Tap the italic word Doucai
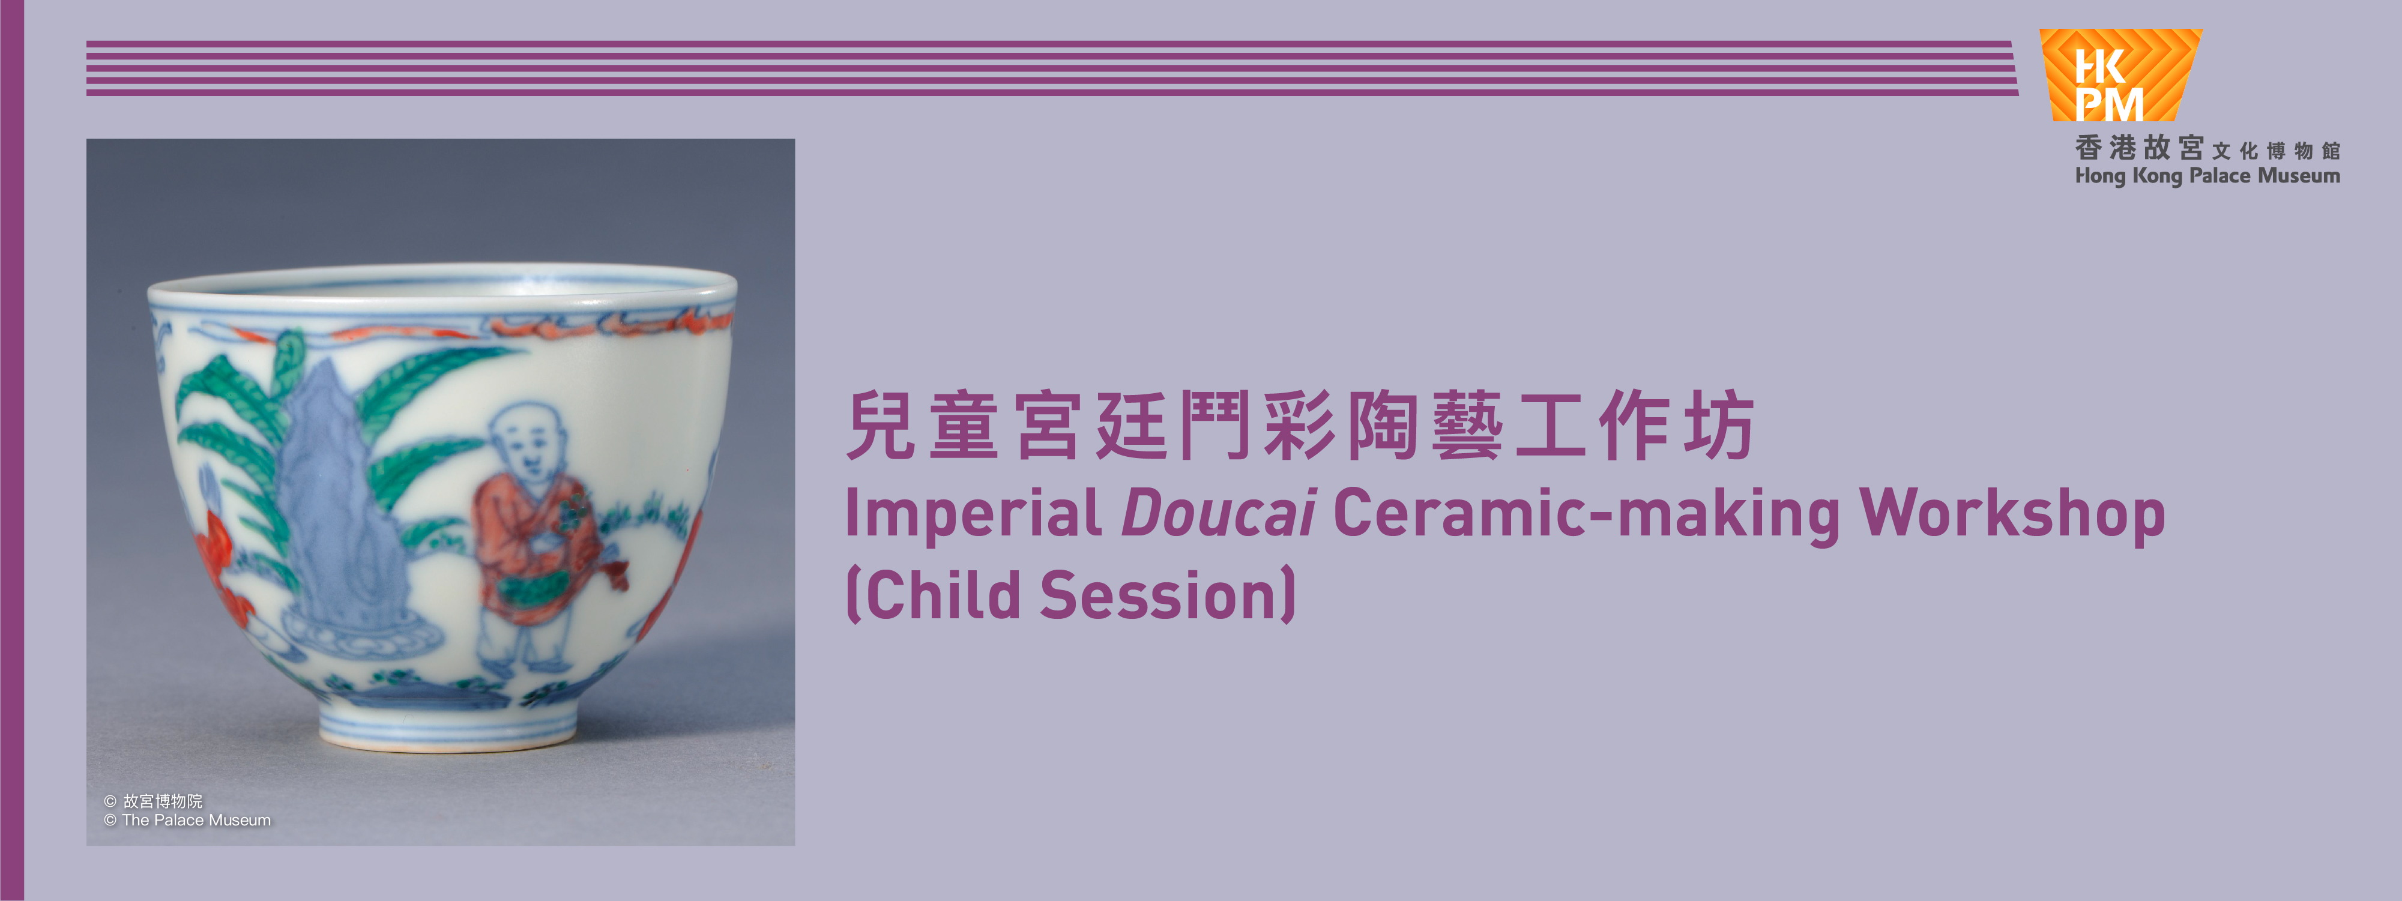pyautogui.click(x=1217, y=513)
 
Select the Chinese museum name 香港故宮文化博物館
pyautogui.click(x=2206, y=148)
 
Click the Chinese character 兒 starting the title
pyautogui.click(x=881, y=426)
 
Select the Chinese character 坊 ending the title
pyautogui.click(x=1721, y=426)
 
